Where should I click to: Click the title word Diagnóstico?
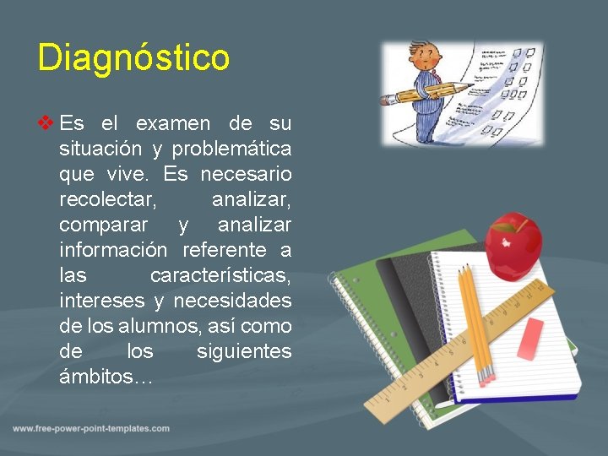pos(133,58)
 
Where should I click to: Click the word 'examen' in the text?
pos(172,123)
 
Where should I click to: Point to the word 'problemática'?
pos(232,149)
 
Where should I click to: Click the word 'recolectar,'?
pos(106,199)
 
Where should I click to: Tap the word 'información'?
pos(114,250)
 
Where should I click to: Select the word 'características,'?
pos(220,275)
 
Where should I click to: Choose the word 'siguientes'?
pos(244,351)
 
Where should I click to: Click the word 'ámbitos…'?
pos(106,377)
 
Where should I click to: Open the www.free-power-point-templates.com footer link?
pos(91,429)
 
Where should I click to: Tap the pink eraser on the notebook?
pos(530,339)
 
